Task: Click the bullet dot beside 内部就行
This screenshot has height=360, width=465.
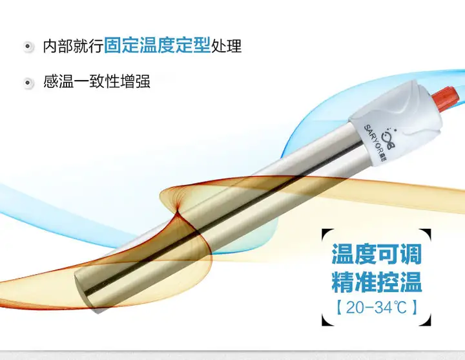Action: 28,47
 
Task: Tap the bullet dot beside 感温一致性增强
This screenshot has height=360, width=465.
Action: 28,83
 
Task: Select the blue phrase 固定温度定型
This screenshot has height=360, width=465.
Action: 157,45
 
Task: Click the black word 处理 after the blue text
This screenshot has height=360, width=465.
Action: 226,46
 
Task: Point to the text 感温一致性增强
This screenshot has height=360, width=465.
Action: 97,81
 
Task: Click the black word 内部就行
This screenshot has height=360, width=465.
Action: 73,46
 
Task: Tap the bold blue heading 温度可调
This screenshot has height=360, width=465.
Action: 377,254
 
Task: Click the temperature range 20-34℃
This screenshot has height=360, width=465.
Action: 377,307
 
